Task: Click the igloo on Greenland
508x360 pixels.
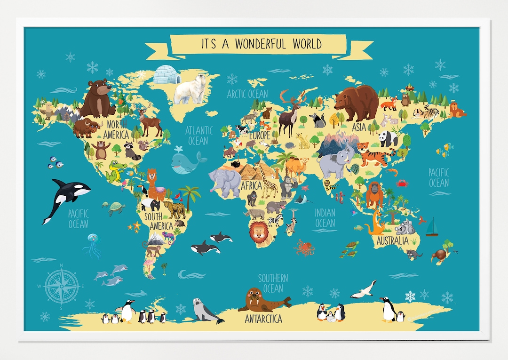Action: pos(167,75)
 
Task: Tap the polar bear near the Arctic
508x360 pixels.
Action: pos(191,89)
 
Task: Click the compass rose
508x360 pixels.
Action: pos(62,285)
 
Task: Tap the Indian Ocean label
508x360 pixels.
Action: pos(325,217)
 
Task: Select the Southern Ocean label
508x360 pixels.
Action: pos(273,283)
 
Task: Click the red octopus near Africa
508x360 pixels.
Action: pos(305,247)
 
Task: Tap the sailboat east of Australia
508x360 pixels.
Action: pos(432,227)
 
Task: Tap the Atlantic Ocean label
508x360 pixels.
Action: pos(198,136)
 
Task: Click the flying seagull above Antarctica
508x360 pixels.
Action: pos(364,289)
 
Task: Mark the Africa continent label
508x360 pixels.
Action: pos(251,185)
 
